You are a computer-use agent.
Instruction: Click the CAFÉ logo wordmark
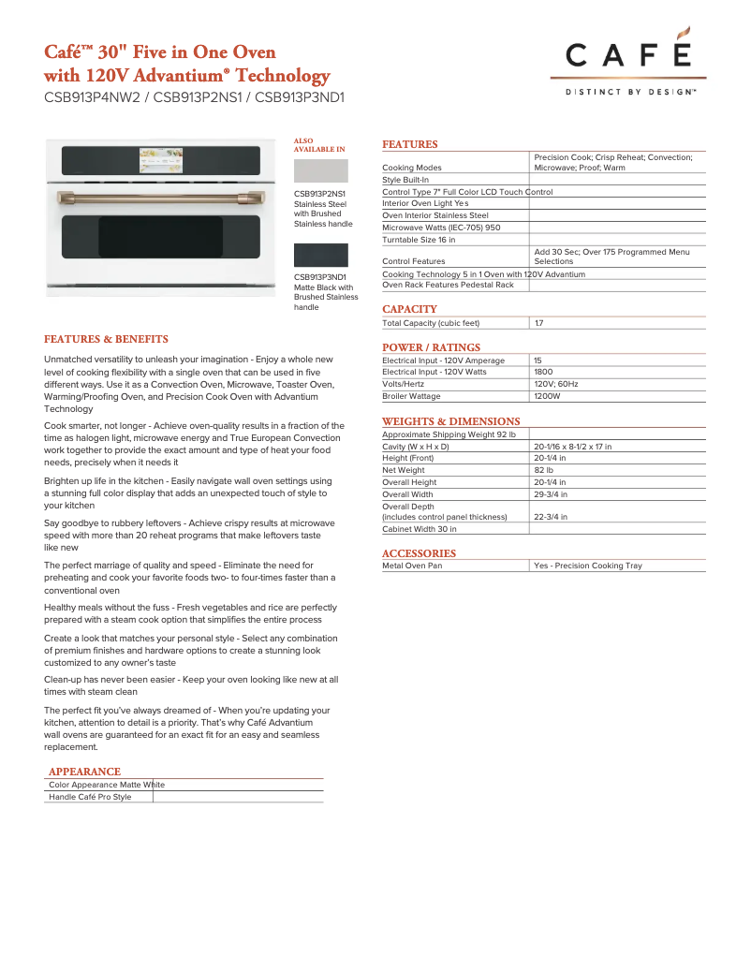point(628,55)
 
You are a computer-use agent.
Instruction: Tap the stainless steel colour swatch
point(320,170)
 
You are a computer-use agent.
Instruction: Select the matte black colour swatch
point(320,255)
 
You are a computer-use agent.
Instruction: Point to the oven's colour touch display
point(161,160)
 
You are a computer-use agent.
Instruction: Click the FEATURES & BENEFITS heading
point(106,339)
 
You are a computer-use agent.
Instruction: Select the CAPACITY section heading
point(409,309)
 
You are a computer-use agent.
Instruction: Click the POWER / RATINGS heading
point(431,347)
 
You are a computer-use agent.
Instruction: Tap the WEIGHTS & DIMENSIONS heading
point(450,421)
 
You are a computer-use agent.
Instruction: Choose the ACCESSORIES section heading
point(419,553)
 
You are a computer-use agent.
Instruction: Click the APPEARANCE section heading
point(84,772)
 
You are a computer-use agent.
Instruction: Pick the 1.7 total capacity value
point(538,323)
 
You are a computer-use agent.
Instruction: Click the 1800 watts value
point(543,372)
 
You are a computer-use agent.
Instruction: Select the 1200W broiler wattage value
point(547,396)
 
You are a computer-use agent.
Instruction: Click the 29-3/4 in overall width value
point(551,494)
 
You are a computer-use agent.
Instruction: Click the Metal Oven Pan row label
point(412,566)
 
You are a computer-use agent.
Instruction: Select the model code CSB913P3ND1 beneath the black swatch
point(320,277)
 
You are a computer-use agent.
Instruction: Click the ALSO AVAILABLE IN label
point(319,145)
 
